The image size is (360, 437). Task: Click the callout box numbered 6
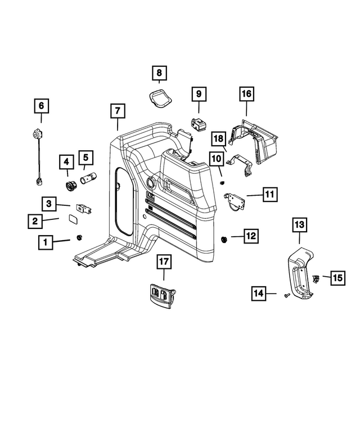[40, 106]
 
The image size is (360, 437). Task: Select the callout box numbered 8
[159, 73]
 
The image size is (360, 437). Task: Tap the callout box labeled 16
[246, 94]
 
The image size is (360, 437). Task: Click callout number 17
[164, 262]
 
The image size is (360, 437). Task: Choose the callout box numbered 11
[269, 195]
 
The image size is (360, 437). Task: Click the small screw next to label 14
[287, 294]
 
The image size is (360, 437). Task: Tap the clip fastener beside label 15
[316, 278]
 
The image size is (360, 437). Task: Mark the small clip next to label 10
[222, 183]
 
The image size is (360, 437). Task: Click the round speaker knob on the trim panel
[152, 182]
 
